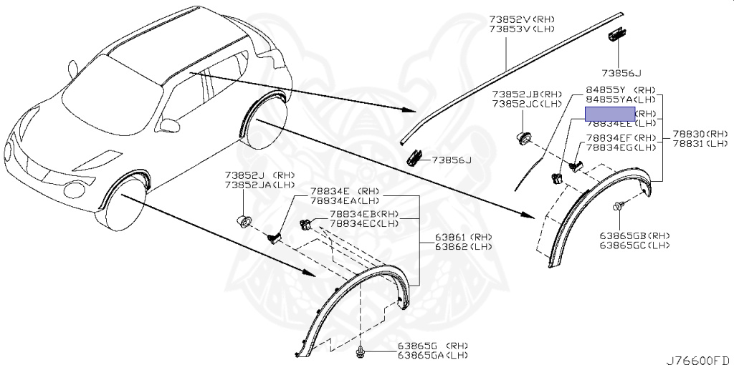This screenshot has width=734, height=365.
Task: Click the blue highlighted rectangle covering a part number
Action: (x=610, y=114)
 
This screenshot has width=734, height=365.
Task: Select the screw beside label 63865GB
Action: (x=616, y=208)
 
